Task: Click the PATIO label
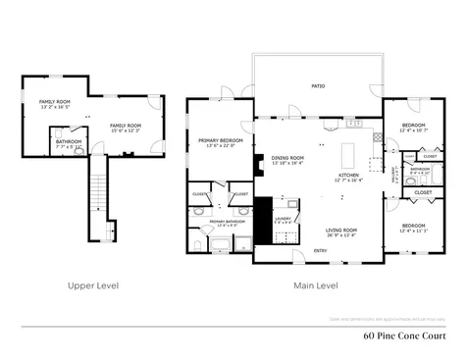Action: [318, 86]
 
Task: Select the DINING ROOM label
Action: [287, 160]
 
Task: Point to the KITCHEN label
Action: [348, 177]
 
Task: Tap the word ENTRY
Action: [320, 250]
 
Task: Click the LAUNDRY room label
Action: [284, 220]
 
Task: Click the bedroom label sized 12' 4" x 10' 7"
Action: [413, 128]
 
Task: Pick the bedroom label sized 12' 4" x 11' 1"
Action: [413, 228]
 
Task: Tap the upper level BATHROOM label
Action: [68, 142]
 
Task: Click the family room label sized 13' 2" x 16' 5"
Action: [54, 103]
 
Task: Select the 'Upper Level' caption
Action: [93, 285]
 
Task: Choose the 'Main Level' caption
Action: [316, 285]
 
